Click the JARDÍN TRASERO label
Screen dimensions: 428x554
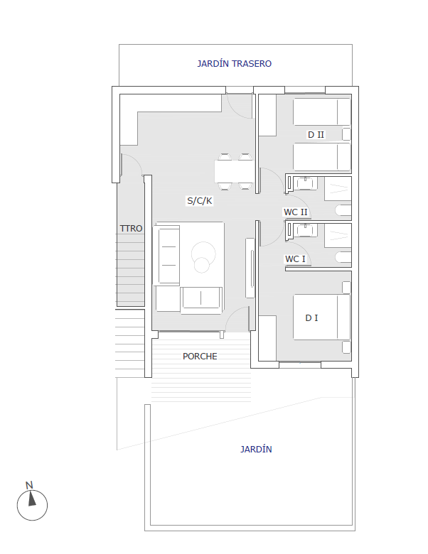234,64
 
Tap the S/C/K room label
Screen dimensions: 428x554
200,201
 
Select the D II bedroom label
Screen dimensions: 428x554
316,135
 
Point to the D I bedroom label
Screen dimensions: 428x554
311,318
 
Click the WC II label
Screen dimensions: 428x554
295,212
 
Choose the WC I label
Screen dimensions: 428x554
295,259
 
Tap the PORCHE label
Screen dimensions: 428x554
200,356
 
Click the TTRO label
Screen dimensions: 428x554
131,229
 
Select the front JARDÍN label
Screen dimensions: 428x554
256,450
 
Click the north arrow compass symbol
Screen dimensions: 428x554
32,505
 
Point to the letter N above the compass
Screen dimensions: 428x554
29,485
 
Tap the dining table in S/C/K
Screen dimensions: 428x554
234,171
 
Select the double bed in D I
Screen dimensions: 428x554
321,317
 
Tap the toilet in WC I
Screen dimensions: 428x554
343,257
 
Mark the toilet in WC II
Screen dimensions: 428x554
343,210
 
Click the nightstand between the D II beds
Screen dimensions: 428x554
346,134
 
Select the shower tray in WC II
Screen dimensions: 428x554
338,189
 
